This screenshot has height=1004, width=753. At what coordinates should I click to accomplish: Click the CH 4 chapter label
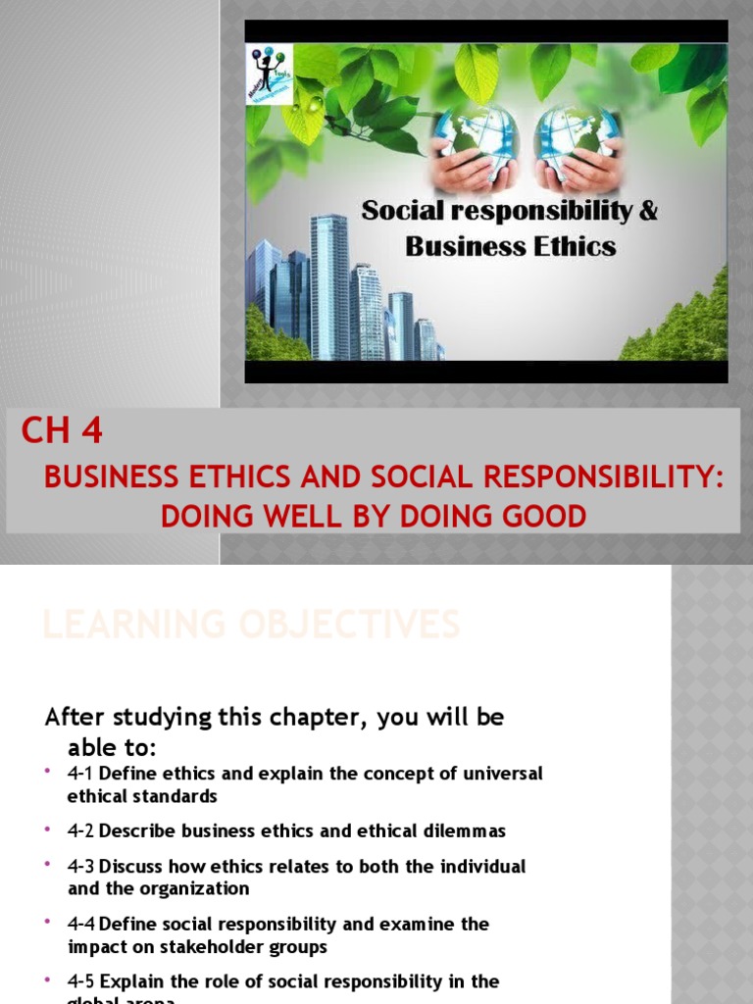click(62, 431)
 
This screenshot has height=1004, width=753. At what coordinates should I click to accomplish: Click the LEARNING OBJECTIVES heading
click(250, 624)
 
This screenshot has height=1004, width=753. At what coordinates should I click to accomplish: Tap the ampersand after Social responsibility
click(647, 210)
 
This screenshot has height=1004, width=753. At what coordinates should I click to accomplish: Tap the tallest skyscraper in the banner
click(329, 284)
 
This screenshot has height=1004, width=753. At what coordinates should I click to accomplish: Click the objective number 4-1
click(80, 774)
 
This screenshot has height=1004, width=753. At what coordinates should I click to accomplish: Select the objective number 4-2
click(80, 831)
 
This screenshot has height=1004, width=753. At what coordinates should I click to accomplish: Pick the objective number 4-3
click(80, 867)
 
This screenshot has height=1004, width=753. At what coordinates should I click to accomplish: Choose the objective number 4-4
click(80, 924)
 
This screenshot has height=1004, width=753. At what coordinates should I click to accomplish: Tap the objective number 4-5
click(80, 981)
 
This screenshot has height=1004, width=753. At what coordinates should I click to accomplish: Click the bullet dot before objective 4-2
click(47, 829)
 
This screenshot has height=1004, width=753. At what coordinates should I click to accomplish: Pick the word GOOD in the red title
click(542, 515)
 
